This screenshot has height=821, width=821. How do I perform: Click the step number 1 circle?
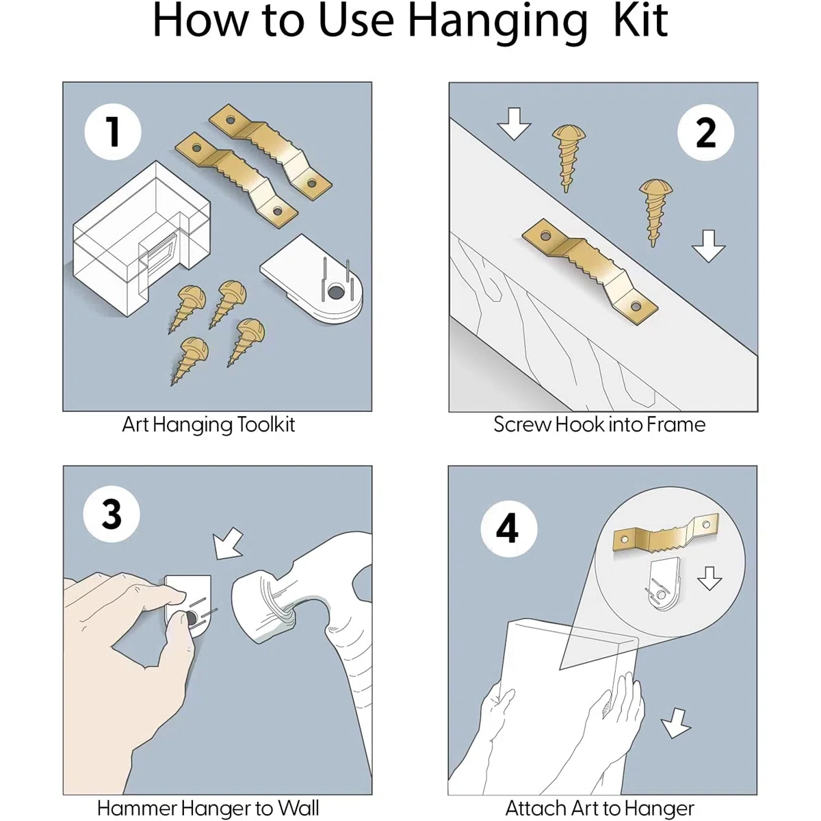pos(113,132)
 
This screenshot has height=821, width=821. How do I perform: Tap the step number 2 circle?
pos(705,133)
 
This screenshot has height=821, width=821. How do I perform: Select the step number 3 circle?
pos(112,514)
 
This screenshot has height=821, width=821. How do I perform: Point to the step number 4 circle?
pos(509,528)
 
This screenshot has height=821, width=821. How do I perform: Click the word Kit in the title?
pos(640,21)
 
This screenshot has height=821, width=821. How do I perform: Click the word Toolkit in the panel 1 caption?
pos(266,425)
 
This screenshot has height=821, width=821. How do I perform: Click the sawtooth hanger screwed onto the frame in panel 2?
pos(590,272)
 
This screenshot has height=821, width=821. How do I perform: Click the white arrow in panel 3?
pos(229,544)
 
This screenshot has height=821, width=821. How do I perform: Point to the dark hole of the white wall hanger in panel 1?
pos(336,292)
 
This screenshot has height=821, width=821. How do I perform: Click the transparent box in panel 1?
pos(142,239)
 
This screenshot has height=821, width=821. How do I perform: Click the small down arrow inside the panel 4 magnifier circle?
pos(709,577)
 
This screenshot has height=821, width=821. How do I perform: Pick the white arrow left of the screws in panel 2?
pos(514,124)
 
